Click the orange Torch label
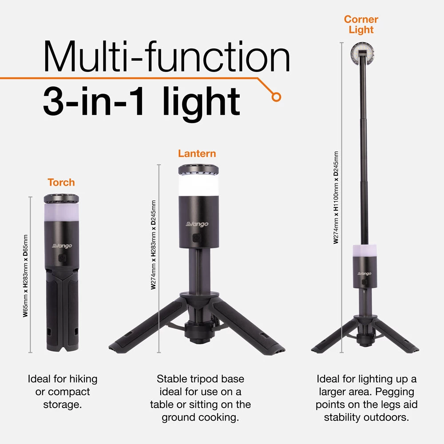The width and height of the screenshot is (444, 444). (x=61, y=182)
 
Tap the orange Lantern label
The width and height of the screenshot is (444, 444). (x=197, y=154)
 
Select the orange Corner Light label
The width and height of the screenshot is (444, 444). (x=361, y=24)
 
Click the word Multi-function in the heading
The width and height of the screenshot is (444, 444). (x=166, y=57)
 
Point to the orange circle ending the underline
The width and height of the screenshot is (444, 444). (x=277, y=96)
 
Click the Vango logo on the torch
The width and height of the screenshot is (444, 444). (x=62, y=246)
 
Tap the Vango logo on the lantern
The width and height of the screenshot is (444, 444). (x=197, y=225)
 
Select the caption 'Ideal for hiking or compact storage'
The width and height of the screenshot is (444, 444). (x=62, y=392)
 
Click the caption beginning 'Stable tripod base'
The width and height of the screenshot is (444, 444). (x=200, y=398)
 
